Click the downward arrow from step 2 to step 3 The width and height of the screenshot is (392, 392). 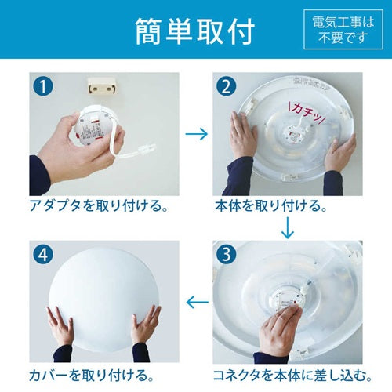(x=289, y=227)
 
